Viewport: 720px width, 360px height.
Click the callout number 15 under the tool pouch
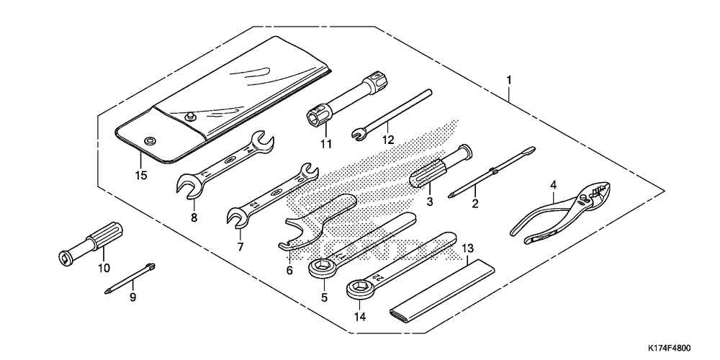[x=140, y=175]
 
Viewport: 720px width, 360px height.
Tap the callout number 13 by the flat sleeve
[x=468, y=248]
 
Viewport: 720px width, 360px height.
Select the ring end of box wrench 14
[x=357, y=289]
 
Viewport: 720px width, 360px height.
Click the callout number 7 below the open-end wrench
[x=240, y=246]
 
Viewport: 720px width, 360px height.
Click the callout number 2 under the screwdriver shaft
[x=475, y=204]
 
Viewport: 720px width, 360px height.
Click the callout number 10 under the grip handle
[x=104, y=269]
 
